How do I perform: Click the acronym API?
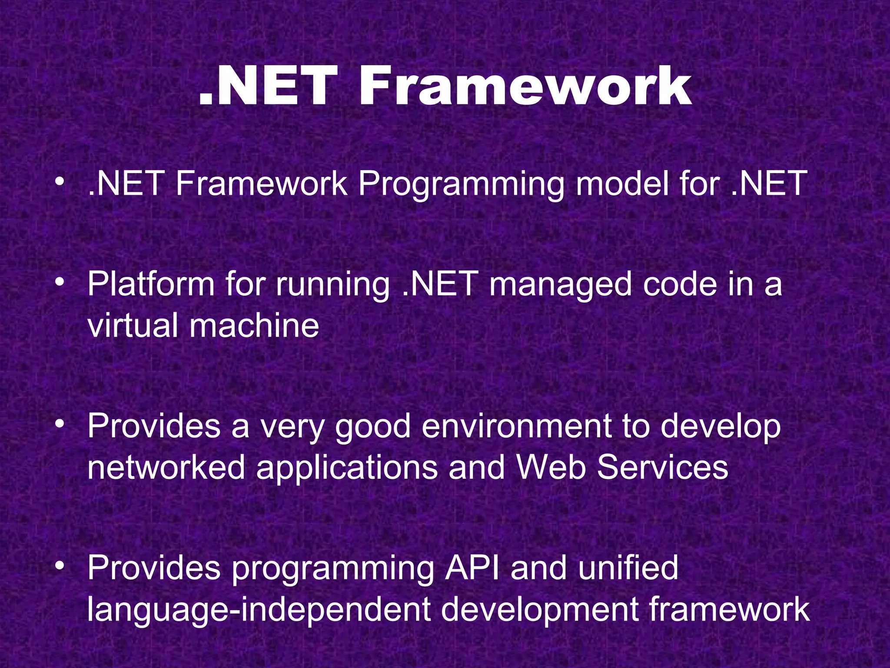point(472,568)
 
